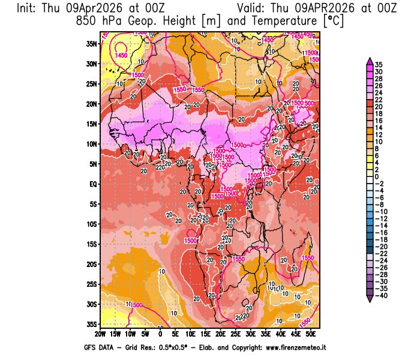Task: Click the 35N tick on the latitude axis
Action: (92, 43)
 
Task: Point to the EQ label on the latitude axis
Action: (92, 184)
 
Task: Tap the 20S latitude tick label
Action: (92, 264)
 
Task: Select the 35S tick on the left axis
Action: (92, 324)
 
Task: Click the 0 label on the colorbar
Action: (377, 176)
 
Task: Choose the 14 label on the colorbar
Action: (379, 128)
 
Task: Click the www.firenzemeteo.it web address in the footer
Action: (289, 347)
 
